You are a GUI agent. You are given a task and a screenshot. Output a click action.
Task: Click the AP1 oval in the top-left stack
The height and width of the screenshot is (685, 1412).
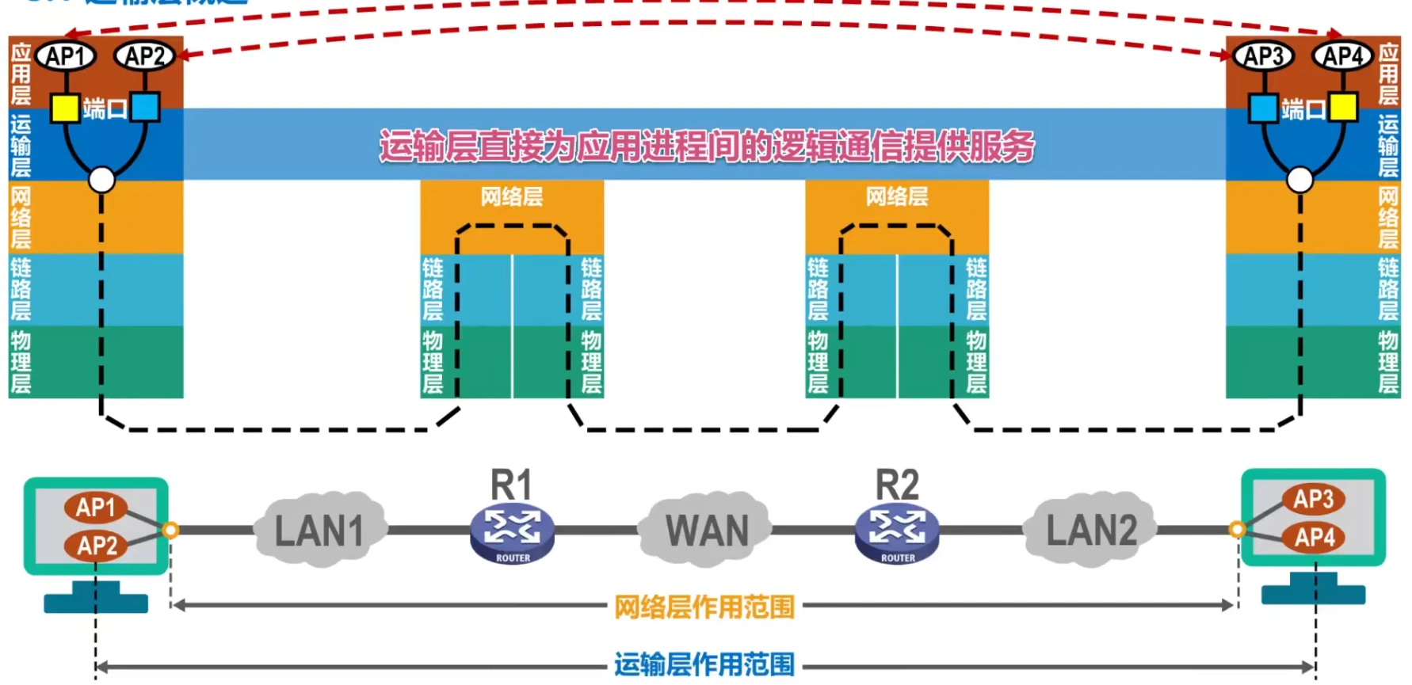click(x=66, y=56)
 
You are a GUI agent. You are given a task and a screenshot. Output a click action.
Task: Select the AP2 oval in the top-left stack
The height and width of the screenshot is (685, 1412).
click(x=144, y=56)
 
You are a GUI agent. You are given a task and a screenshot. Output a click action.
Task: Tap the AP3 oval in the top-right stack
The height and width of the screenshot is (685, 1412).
click(x=1263, y=56)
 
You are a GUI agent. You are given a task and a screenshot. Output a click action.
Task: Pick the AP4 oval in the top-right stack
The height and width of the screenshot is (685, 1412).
click(x=1342, y=56)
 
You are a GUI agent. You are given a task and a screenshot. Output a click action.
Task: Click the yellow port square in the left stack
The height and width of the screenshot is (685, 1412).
click(x=65, y=108)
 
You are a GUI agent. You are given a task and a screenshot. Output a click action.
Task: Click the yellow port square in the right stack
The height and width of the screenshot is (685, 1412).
click(x=1343, y=107)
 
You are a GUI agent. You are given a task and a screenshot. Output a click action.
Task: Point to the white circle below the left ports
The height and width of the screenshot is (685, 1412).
click(x=101, y=180)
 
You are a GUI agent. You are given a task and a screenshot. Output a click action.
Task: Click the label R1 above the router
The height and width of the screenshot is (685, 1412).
click(x=511, y=485)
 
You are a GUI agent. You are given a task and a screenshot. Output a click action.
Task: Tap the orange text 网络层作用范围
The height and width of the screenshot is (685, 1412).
click(x=704, y=607)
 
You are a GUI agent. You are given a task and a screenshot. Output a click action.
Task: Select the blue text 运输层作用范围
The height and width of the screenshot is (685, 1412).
click(x=704, y=664)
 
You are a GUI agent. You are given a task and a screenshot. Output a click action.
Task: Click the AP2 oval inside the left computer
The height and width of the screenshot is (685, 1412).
click(x=97, y=545)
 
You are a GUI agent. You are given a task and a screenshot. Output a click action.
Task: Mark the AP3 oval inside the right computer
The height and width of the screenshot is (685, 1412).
click(x=1313, y=499)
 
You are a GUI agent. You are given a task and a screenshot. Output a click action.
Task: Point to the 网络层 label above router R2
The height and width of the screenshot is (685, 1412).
click(x=896, y=196)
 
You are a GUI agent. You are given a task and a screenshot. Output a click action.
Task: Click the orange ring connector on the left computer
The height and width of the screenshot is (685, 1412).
click(x=170, y=530)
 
